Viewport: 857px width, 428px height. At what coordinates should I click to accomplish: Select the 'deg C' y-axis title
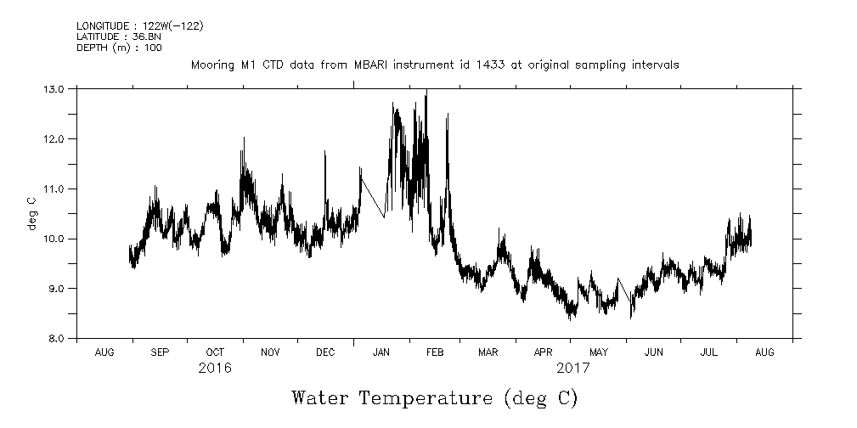(x=31, y=213)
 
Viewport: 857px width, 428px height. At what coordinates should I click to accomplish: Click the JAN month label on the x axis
(x=380, y=352)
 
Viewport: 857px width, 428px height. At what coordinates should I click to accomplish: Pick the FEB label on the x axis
(x=434, y=352)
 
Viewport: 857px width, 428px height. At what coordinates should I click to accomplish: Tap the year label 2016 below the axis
(x=215, y=369)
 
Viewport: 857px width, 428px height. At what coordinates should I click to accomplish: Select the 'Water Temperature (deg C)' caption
(x=434, y=397)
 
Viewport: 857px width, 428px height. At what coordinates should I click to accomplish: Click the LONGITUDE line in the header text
(x=139, y=25)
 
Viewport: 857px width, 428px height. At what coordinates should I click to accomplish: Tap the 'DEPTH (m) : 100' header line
(x=118, y=48)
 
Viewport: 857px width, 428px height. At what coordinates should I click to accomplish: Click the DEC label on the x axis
(x=325, y=352)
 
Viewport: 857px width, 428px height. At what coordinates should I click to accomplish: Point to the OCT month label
(x=215, y=352)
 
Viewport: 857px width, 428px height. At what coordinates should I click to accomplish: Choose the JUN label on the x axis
(x=654, y=352)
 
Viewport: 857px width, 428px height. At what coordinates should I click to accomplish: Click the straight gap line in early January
(x=372, y=197)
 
